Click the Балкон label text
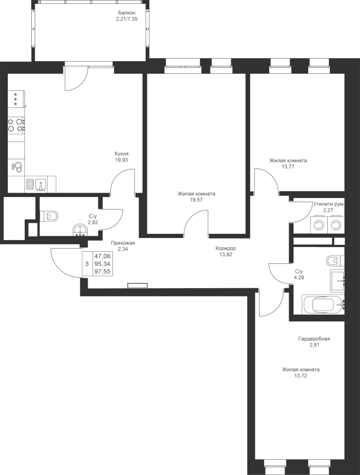click(126, 13)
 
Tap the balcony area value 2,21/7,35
click(126, 18)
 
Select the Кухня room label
click(121, 154)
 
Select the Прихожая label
click(123, 243)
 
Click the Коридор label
click(225, 248)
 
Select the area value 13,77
click(288, 167)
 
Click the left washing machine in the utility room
click(318, 225)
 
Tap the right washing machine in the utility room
click(335, 225)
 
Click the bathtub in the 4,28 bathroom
click(322, 305)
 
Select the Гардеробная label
click(314, 339)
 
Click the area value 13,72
click(300, 375)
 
